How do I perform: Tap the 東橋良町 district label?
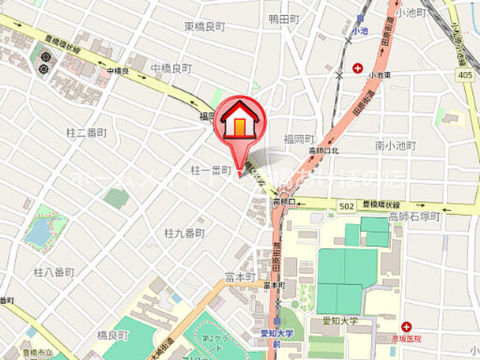pyautogui.click(x=204, y=26)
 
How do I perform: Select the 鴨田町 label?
pyautogui.click(x=284, y=20)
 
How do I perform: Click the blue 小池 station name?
pyautogui.click(x=361, y=32)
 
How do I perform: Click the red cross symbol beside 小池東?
pyautogui.click(x=358, y=67)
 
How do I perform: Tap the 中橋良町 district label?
pyautogui.click(x=171, y=67)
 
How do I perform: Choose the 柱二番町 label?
pyautogui.click(x=87, y=133)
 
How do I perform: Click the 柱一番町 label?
pyautogui.click(x=211, y=171)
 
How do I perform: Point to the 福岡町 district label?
pyautogui.click(x=298, y=139)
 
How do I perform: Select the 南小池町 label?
pyautogui.click(x=395, y=145)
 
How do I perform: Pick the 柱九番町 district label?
pyautogui.click(x=184, y=233)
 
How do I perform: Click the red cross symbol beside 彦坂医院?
pyautogui.click(x=406, y=327)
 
